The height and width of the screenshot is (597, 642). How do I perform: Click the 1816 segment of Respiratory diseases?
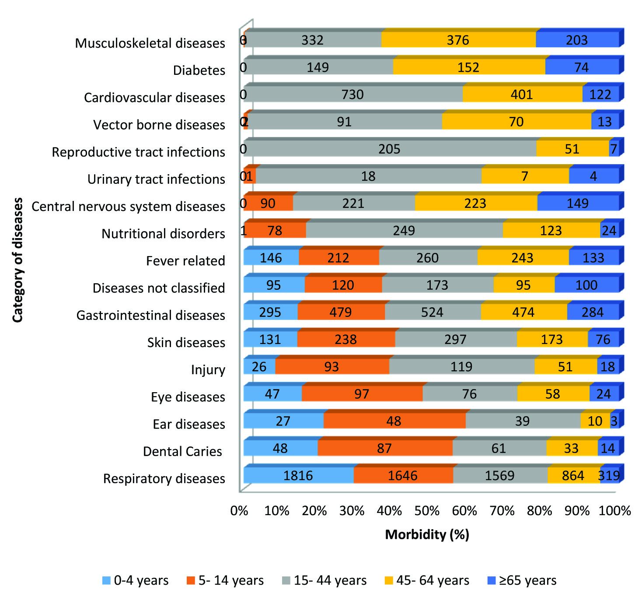(298, 475)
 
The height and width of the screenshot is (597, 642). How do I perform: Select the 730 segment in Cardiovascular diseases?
(352, 95)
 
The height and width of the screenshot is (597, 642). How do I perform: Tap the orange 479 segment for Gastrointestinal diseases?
(341, 312)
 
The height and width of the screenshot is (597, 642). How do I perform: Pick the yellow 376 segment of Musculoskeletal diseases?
(458, 40)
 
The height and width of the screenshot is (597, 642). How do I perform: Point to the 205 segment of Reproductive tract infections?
(389, 149)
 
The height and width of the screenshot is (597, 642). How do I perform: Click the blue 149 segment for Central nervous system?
(578, 203)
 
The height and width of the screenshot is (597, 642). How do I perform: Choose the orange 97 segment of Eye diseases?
(362, 394)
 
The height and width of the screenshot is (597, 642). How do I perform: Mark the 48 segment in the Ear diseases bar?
(394, 421)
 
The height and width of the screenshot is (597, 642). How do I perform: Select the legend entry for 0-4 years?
(135, 580)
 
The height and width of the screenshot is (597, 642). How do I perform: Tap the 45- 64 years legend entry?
(427, 580)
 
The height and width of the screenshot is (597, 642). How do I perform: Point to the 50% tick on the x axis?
(427, 511)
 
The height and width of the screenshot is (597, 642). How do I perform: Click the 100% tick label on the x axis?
(614, 511)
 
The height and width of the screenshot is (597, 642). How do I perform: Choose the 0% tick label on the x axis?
(239, 511)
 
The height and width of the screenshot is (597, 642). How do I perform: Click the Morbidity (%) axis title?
(427, 534)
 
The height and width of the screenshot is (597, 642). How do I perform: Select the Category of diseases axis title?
(17, 260)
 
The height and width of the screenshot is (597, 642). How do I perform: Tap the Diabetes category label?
(199, 70)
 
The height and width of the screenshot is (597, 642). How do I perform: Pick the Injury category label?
(208, 370)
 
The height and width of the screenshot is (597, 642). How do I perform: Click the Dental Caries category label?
(182, 451)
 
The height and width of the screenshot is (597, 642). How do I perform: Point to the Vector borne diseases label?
(159, 125)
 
